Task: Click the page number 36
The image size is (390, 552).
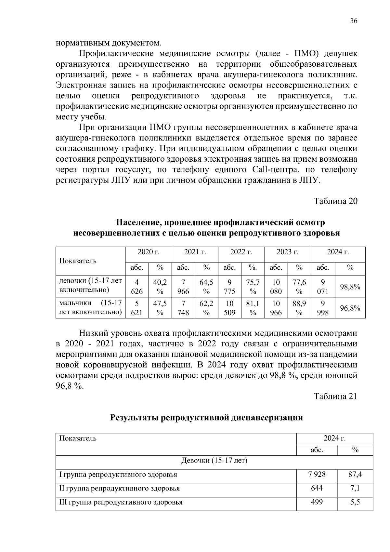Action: (354, 21)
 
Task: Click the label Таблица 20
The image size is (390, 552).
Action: (335, 201)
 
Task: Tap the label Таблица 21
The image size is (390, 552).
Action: (335, 396)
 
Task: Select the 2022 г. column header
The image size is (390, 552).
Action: (241, 252)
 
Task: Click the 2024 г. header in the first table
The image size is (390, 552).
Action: (338, 252)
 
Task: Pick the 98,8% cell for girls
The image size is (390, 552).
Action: (350, 287)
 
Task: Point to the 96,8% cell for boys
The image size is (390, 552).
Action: (350, 308)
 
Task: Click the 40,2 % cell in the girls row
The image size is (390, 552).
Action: (160, 287)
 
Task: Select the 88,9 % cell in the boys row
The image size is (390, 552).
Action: (299, 308)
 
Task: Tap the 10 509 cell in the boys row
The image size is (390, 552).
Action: (229, 308)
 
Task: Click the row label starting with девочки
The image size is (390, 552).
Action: (90, 285)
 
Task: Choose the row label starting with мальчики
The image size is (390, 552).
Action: (90, 307)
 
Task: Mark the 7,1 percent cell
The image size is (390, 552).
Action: (355, 488)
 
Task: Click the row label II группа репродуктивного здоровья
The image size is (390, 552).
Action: (119, 488)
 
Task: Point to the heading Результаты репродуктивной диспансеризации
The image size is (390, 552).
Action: (207, 418)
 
